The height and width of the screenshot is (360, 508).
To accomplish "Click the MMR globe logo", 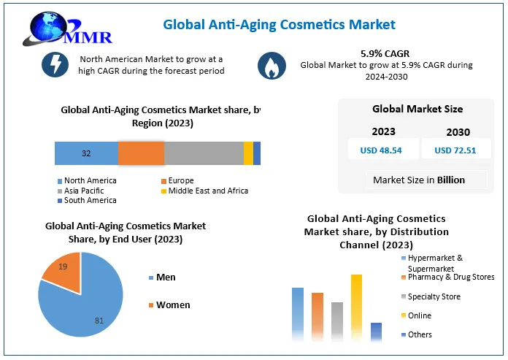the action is coord(67,28).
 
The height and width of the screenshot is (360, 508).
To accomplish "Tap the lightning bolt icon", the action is coord(55,64).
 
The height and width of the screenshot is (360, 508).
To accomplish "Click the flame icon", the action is coord(272,66).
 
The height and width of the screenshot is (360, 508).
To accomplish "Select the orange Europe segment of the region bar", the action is coord(142,153).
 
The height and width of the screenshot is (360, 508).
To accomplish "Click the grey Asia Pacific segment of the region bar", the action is coord(204,153).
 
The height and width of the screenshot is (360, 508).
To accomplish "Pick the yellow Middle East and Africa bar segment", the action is coord(248,153).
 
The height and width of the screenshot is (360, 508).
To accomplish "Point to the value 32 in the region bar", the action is coord(86,153).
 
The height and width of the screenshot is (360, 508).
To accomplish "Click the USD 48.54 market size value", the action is coord(381,150).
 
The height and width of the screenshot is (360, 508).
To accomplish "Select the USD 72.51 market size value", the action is coord(455,150).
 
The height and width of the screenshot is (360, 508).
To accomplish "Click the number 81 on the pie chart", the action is coord(99,321).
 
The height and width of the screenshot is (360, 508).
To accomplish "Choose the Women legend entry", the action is coord(169,305).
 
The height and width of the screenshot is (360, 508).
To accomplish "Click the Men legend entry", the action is coord(162,277).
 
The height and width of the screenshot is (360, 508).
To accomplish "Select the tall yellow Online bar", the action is coord(356,308).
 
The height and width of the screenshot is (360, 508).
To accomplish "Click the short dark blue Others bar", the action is coord(376,332).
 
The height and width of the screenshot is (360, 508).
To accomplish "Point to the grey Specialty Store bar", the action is coord(337,322).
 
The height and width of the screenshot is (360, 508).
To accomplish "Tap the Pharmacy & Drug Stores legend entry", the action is coord(447,277).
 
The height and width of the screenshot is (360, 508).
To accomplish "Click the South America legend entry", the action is coord(87,200).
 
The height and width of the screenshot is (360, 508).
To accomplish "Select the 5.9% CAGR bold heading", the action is coord(385,53).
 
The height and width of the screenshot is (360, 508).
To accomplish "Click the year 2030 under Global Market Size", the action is coord(458,132).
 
